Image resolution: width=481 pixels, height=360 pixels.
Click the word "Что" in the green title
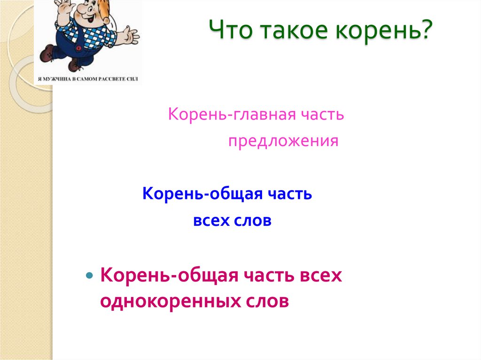pyautogui.click(x=231, y=30)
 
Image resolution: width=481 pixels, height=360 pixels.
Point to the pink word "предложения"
pyautogui.click(x=283, y=141)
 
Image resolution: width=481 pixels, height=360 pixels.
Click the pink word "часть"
pyautogui.click(x=322, y=115)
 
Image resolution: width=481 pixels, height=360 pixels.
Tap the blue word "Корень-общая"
pyautogui.click(x=202, y=194)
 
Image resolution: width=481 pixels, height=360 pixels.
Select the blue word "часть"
pyautogui.click(x=290, y=194)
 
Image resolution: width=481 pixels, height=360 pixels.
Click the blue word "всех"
pyautogui.click(x=211, y=221)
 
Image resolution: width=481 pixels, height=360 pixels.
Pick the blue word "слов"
pyautogui.click(x=253, y=221)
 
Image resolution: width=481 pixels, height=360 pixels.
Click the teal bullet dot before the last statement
pyautogui.click(x=90, y=275)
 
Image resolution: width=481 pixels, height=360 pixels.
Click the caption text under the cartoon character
pyautogui.click(x=88, y=79)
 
